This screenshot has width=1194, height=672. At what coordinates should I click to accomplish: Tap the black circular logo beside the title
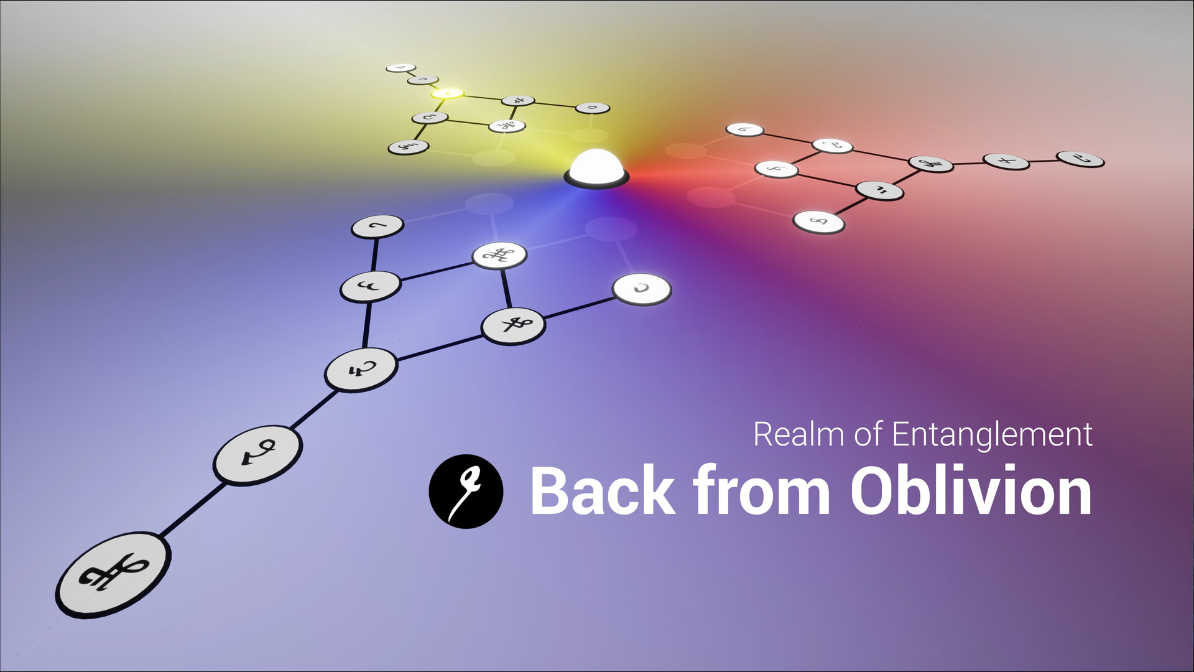click(x=466, y=492)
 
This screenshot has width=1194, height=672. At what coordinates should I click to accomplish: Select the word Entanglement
click(x=993, y=434)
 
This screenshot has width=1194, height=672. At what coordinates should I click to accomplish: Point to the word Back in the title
click(x=602, y=492)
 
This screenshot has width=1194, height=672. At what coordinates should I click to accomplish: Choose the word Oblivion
click(x=971, y=490)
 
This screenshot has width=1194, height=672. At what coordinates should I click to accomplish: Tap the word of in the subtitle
click(x=869, y=434)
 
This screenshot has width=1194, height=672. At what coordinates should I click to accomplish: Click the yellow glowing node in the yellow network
click(x=447, y=94)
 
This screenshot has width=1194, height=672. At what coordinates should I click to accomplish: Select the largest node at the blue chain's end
click(x=113, y=575)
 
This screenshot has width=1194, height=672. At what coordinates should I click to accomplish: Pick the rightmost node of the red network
click(x=1080, y=159)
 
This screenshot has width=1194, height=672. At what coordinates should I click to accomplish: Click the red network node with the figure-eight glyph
click(x=818, y=222)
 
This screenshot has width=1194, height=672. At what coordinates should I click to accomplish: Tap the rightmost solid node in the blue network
click(x=642, y=289)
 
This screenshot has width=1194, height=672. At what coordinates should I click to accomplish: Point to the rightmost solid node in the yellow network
click(x=592, y=108)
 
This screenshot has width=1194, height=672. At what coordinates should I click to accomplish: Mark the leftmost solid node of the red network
click(x=745, y=129)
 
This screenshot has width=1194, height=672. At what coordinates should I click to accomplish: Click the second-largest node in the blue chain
click(x=258, y=455)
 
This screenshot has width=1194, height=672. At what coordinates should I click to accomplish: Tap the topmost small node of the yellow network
click(x=400, y=68)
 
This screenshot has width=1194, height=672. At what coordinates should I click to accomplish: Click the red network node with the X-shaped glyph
click(x=1006, y=161)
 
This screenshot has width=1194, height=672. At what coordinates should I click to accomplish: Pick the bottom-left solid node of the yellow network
click(x=408, y=147)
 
